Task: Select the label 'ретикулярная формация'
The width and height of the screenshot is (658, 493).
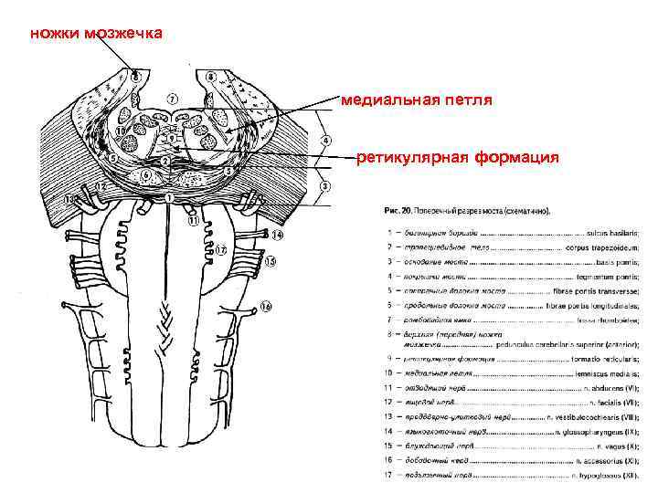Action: pyautogui.click(x=457, y=157)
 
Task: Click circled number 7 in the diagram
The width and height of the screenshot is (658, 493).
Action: pyautogui.click(x=173, y=98)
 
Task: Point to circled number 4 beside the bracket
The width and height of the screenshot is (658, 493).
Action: pyautogui.click(x=326, y=141)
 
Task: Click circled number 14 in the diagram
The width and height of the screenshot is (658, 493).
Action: pyautogui.click(x=277, y=235)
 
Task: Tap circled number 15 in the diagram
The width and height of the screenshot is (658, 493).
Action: pyautogui.click(x=270, y=262)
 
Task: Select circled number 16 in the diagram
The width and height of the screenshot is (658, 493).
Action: pyautogui.click(x=265, y=306)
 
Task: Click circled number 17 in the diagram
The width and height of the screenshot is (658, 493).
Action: pyautogui.click(x=221, y=249)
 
